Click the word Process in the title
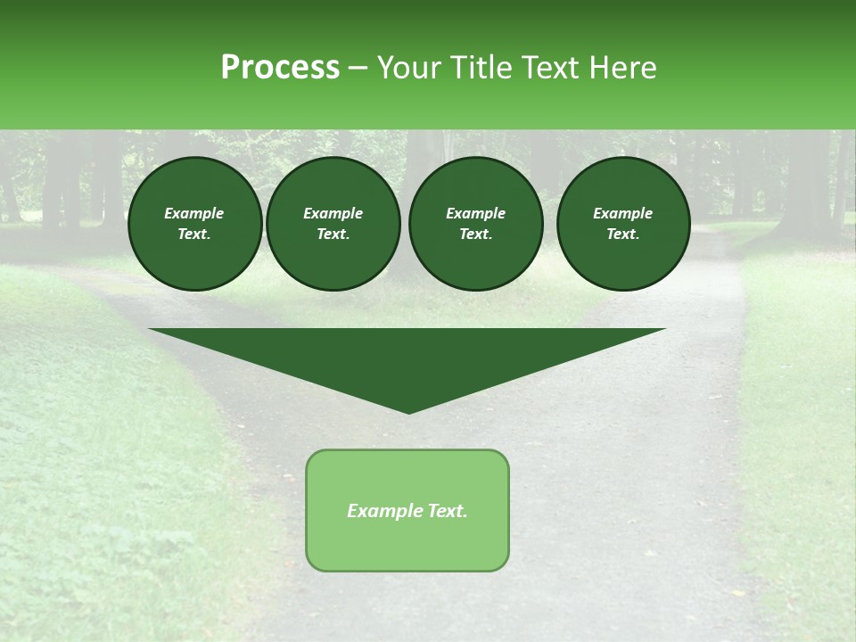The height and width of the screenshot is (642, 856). pos(280,68)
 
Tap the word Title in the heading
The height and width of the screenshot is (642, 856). pos(481,68)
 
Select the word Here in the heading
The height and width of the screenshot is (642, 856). pos(623,68)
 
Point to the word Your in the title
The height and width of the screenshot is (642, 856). pos(408,68)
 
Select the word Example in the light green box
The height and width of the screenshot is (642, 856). pos(383,511)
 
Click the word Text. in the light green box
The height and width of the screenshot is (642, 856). pos(446,511)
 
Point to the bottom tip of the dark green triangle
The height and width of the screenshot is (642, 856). pos(408,411)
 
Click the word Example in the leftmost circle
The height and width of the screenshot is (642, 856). pos(194,213)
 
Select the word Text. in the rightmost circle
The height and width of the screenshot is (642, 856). pos(623,234)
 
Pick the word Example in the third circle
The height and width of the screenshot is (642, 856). pos(475,213)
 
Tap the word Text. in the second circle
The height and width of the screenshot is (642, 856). pos(333,234)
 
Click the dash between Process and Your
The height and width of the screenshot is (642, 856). pos(358,68)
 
